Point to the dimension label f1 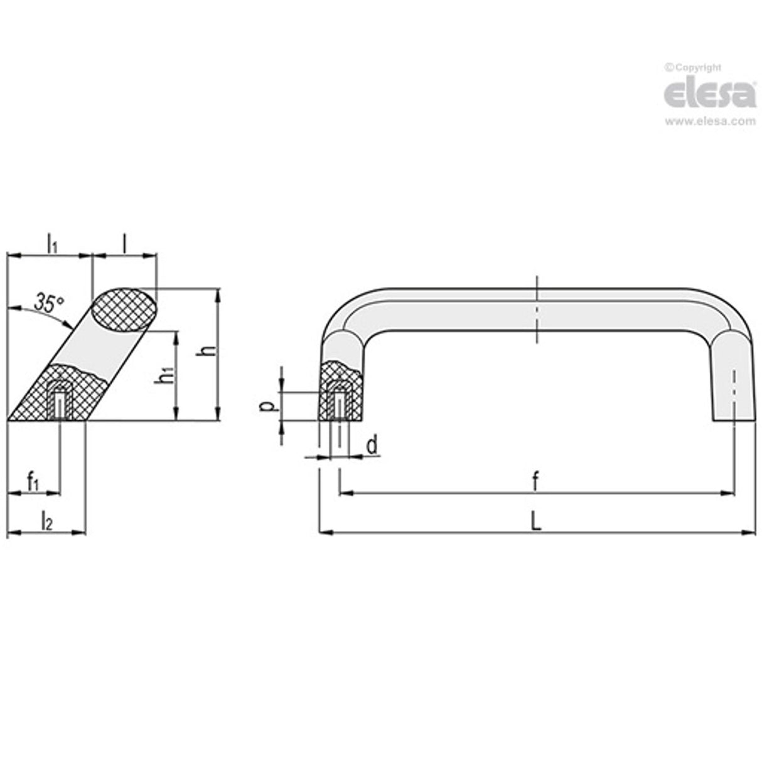point(33,482)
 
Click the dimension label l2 point(46,521)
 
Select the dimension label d point(372,445)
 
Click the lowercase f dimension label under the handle point(535,482)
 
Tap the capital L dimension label point(535,521)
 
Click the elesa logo point(710,94)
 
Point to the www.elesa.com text point(710,122)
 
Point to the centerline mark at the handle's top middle point(537,310)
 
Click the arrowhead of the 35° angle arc point(68,324)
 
